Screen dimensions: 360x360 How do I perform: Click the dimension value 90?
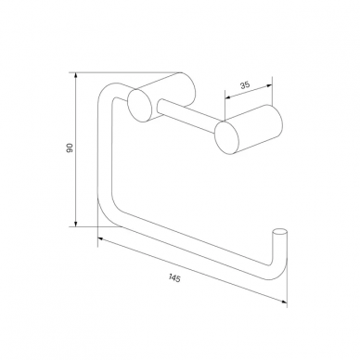tap(70, 148)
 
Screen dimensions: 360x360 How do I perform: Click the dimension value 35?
tap(245, 84)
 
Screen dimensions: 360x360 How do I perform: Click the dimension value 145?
tap(174, 278)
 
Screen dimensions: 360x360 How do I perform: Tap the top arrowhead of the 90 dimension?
tap(75, 76)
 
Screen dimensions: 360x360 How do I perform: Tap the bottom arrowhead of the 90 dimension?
tap(75, 223)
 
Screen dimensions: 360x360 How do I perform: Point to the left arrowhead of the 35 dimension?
tap(228, 97)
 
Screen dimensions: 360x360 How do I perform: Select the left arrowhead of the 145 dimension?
tap(102, 238)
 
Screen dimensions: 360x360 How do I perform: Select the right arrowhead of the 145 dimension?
tap(283, 302)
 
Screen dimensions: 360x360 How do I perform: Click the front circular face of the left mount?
tap(139, 105)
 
